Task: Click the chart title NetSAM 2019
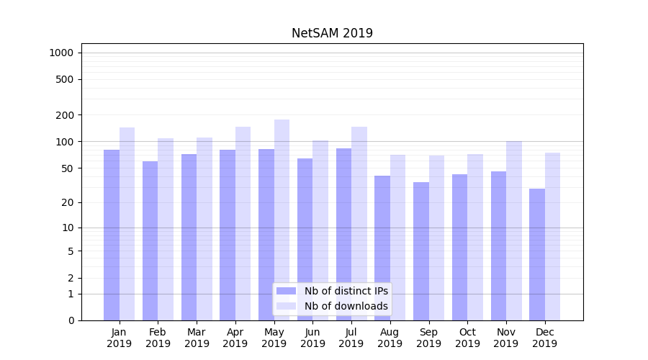pyautogui.click(x=332, y=33)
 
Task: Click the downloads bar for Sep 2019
pyautogui.click(x=436, y=238)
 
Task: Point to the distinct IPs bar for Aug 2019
pyautogui.click(x=382, y=248)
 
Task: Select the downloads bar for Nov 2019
pyautogui.click(x=514, y=230)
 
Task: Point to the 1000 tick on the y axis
pyautogui.click(x=61, y=53)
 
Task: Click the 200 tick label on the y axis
pyautogui.click(x=65, y=115)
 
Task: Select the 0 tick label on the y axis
pyautogui.click(x=71, y=320)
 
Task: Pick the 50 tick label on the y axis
pyautogui.click(x=67, y=168)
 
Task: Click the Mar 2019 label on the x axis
pyautogui.click(x=197, y=338)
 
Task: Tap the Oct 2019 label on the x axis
pyautogui.click(x=467, y=338)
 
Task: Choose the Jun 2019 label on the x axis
pyautogui.click(x=312, y=338)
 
